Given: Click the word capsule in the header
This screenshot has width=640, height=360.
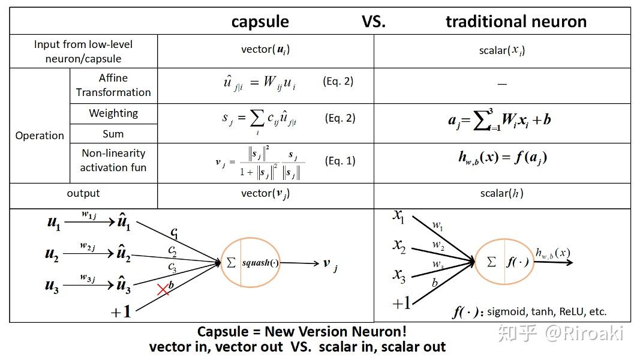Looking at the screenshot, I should pyautogui.click(x=260, y=22).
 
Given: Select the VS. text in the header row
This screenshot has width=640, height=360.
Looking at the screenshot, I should pyautogui.click(x=374, y=22).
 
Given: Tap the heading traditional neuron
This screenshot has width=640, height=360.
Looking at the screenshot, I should pyautogui.click(x=516, y=22).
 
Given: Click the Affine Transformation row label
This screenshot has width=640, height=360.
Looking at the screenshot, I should pyautogui.click(x=113, y=85).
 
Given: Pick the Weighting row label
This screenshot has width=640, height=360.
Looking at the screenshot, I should pyautogui.click(x=113, y=113).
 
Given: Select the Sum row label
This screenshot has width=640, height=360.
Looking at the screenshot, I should pyautogui.click(x=113, y=134).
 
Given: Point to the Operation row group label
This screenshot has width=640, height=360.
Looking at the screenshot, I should pyautogui.click(x=40, y=136).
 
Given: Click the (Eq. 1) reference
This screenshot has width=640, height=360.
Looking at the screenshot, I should pyautogui.click(x=339, y=161).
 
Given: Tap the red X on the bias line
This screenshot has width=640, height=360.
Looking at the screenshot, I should pyautogui.click(x=163, y=290).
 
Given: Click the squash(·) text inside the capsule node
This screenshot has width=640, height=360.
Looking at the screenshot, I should pyautogui.click(x=260, y=263).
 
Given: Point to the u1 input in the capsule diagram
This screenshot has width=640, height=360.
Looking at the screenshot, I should pyautogui.click(x=54, y=223).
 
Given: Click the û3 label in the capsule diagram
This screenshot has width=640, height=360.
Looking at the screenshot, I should pyautogui.click(x=123, y=287).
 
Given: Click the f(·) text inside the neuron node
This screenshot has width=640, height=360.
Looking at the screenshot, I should pyautogui.click(x=517, y=262).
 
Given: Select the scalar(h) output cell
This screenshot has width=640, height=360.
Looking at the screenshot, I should pyautogui.click(x=501, y=194).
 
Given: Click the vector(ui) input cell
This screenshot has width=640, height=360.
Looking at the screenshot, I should pyautogui.click(x=265, y=50).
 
